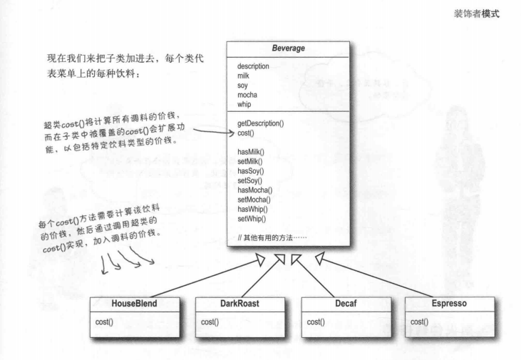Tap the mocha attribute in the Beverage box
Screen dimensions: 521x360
pyautogui.click(x=248, y=94)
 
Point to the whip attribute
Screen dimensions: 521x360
pyautogui.click(x=245, y=103)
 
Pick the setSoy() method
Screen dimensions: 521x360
pyautogui.click(x=250, y=180)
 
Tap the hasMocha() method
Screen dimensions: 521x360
pyautogui.click(x=254, y=190)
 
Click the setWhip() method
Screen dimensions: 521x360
pyautogui.click(x=252, y=217)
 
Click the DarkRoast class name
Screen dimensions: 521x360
pyautogui.click(x=234, y=304)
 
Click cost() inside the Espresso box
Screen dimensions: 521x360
pyautogui.click(x=421, y=322)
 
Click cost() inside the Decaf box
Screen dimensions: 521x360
pyautogui.click(x=316, y=322)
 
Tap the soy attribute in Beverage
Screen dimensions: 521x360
pyautogui.click(x=243, y=85)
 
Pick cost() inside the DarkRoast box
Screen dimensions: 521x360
pyautogui.click(x=210, y=322)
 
